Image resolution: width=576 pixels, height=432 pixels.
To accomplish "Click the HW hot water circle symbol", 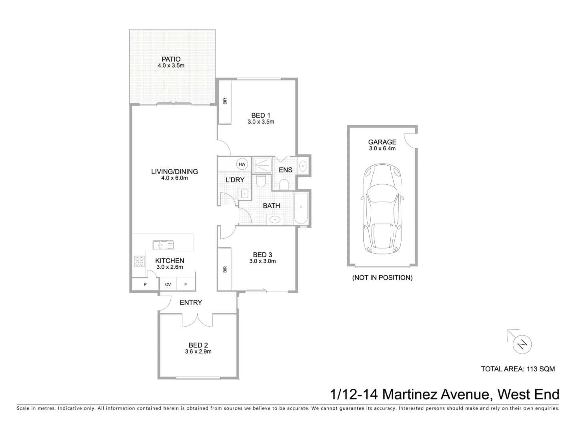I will [242, 164].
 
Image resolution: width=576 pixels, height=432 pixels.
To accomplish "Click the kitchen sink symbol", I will [163, 244].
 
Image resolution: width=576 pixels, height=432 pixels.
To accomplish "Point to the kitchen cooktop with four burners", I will [139, 261].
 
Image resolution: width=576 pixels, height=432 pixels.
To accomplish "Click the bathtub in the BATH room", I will [301, 208].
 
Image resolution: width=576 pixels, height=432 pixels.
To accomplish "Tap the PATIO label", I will [171, 59].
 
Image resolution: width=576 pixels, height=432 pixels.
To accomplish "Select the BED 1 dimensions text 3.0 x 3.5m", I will [261, 122].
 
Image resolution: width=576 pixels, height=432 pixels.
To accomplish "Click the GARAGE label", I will [382, 142].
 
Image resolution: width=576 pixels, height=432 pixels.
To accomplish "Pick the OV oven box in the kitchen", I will [168, 284].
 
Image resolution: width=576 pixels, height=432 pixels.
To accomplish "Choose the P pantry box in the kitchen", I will [145, 284].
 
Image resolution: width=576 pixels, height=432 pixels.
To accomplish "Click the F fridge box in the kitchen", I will [186, 284].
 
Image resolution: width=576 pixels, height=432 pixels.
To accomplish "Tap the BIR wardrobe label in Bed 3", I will [225, 270].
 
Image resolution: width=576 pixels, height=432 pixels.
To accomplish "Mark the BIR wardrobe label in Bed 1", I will [225, 102].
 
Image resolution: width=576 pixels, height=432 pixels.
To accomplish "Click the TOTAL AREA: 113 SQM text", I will [518, 369].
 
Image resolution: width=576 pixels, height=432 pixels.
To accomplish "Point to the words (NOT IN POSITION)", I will [382, 278].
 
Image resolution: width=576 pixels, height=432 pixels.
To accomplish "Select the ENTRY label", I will [191, 302].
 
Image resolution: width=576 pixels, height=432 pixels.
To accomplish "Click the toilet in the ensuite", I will [284, 184].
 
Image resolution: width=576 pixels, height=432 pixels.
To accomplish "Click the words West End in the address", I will [528, 394].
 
